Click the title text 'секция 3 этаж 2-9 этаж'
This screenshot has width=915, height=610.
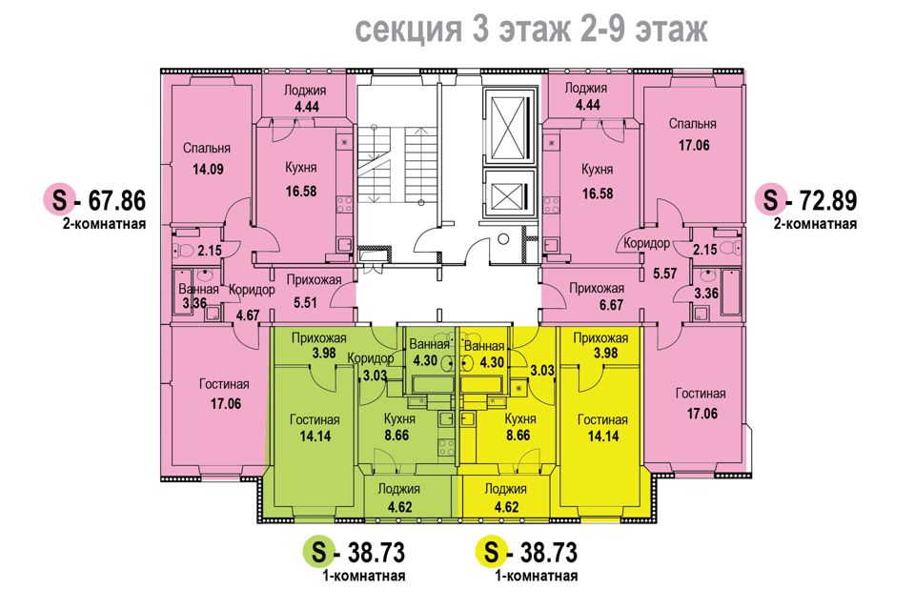[x=532, y=31]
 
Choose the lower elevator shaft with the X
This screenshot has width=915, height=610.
[x=505, y=195]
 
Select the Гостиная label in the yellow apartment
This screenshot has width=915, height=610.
[x=601, y=419]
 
